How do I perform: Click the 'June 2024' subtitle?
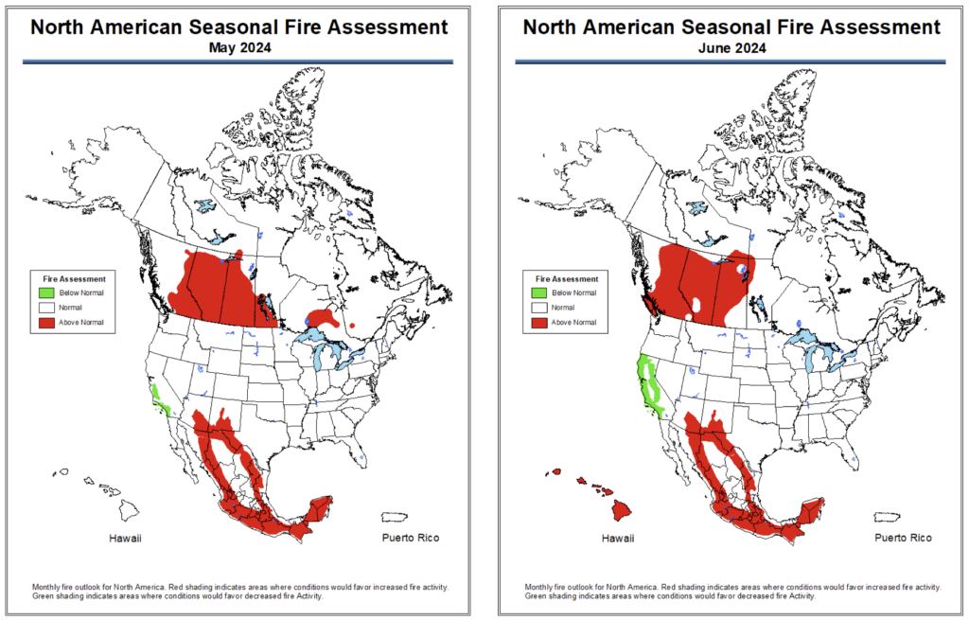tap(731, 46)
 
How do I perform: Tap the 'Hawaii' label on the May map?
tap(126, 539)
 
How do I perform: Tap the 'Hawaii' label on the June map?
tap(618, 539)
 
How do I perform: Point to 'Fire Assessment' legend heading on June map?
tap(568, 279)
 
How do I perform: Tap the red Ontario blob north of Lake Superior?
tap(322, 317)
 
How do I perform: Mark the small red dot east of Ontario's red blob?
tap(352, 327)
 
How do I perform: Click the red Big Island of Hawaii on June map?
tap(623, 510)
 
